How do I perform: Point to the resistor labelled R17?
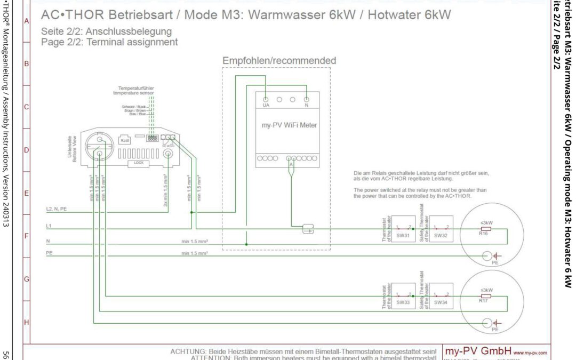(486, 295)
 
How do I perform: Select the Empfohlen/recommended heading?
(279, 61)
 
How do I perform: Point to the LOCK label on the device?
(139, 162)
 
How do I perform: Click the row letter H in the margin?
(26, 322)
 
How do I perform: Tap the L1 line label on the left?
(50, 227)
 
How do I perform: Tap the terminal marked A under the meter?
(291, 165)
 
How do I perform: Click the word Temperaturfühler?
(137, 88)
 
